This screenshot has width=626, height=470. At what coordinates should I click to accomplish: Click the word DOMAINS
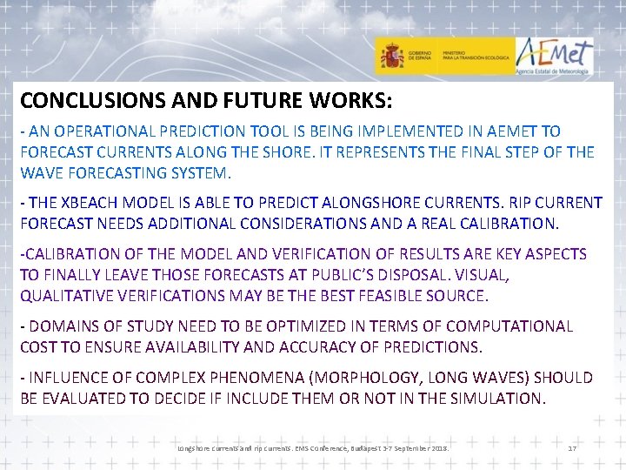click(x=66, y=326)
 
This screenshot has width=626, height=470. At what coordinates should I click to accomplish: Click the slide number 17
click(x=572, y=447)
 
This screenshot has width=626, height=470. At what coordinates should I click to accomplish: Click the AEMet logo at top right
click(x=554, y=57)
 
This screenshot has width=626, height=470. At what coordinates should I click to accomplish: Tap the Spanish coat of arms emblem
click(x=391, y=58)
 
